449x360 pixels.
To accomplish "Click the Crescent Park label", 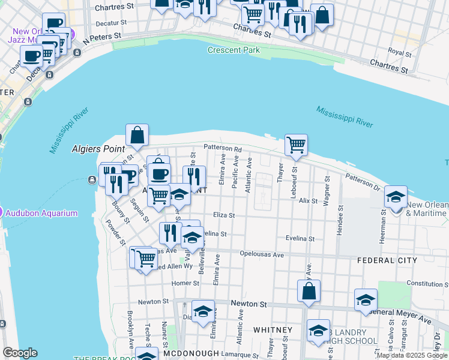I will [234, 50].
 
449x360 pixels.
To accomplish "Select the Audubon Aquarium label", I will [42, 213].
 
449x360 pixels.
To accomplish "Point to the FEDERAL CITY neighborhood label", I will [386, 260].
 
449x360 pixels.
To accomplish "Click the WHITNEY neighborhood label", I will [272, 330].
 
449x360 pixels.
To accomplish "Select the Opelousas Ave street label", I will [261, 254].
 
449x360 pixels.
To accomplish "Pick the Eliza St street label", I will [223, 215].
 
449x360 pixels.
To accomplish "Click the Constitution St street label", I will [427, 284].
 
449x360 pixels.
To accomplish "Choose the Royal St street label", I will [396, 52].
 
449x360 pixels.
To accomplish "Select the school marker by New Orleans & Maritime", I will [396, 197].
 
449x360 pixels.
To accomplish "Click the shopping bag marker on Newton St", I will [309, 292].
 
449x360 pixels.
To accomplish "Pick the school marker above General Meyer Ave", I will [366, 300].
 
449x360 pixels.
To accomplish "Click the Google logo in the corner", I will [20, 353].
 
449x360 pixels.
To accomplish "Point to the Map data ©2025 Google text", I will [411, 355].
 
